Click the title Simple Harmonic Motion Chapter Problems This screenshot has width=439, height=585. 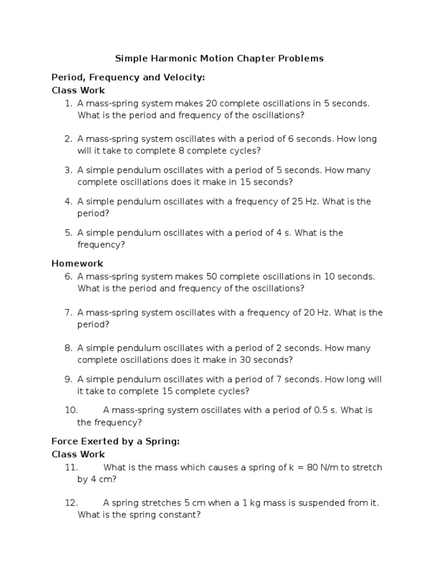pos(219,58)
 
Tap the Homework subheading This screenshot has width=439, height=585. pos(77,263)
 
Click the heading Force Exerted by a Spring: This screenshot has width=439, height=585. pos(115,441)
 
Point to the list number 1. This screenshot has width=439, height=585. pos(68,103)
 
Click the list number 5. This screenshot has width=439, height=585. pos(68,233)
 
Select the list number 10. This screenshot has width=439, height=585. pos(71,410)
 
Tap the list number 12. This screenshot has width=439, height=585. pos(71,503)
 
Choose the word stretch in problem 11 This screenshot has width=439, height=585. pos(367,467)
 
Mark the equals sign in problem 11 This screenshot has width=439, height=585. pos(297,467)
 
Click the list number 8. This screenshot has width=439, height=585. pos(68,348)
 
